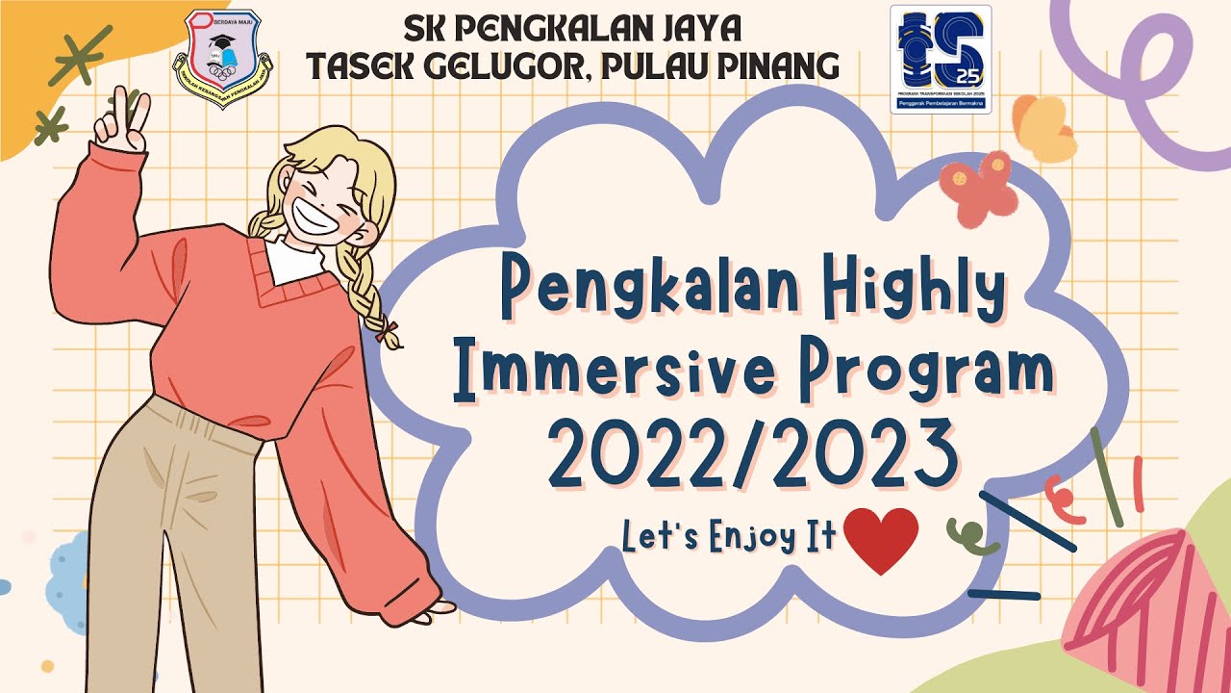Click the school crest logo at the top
point(222,59)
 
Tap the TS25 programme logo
point(940,59)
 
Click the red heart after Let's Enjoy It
point(880,540)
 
